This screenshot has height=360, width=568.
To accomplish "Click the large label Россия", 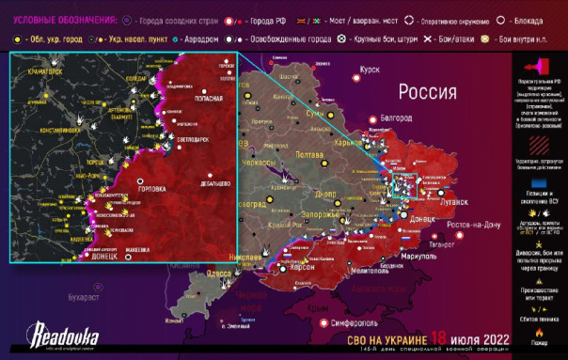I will pyautogui.click(x=429, y=91).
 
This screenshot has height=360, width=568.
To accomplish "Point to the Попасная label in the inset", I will pyautogui.click(x=208, y=97).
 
